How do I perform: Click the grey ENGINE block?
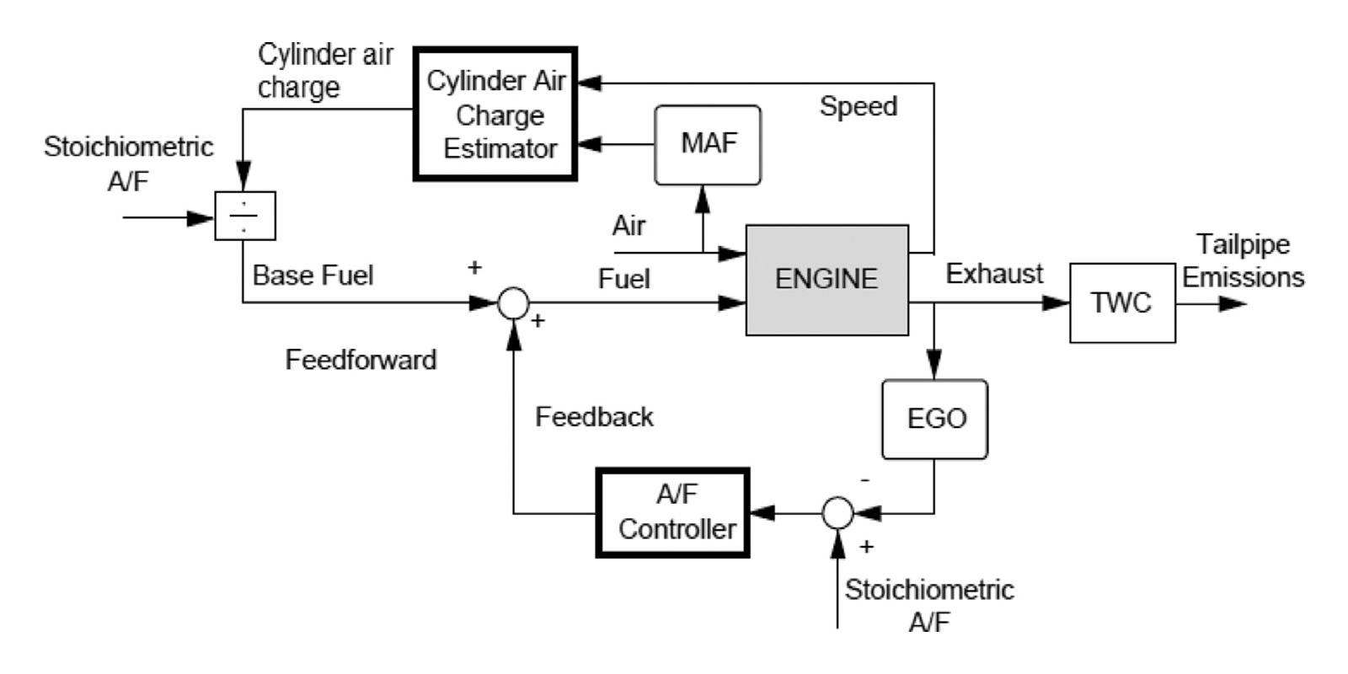click(x=826, y=280)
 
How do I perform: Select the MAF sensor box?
click(x=708, y=145)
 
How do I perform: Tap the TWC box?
click(x=1122, y=303)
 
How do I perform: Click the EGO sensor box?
click(x=934, y=419)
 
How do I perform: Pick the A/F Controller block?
click(x=673, y=512)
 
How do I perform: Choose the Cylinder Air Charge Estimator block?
click(x=495, y=114)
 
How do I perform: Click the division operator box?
click(x=244, y=217)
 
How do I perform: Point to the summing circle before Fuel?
click(x=513, y=302)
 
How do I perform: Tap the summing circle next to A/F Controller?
click(x=837, y=511)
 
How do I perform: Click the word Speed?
click(x=858, y=107)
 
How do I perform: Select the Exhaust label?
click(x=994, y=274)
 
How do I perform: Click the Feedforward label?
click(x=361, y=361)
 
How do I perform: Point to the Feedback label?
click(x=594, y=417)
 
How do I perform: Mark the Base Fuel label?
click(x=313, y=275)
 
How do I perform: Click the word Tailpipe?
click(x=1243, y=244)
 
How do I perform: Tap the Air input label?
click(x=629, y=226)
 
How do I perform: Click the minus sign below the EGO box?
click(x=865, y=480)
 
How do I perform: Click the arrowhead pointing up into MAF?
click(x=703, y=199)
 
